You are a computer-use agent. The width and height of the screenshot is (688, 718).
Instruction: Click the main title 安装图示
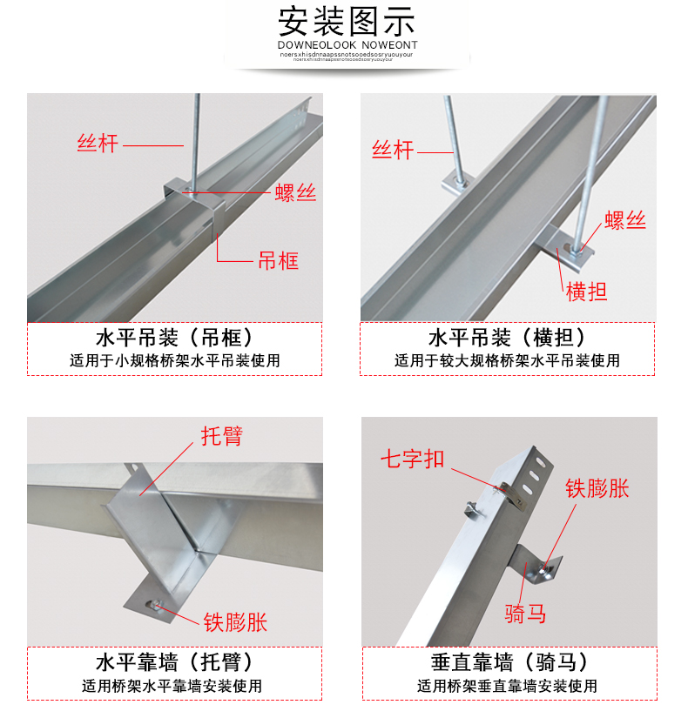(347, 20)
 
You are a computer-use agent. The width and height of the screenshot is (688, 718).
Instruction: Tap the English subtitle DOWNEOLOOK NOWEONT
(347, 44)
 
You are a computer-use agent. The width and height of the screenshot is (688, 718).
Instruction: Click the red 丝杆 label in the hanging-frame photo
(98, 144)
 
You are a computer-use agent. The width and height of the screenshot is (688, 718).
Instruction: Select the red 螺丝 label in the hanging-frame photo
(295, 193)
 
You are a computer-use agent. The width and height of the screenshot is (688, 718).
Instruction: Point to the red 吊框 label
(278, 260)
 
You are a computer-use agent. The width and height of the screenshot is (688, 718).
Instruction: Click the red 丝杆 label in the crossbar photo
(393, 150)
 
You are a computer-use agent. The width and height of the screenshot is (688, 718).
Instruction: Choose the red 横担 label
(586, 292)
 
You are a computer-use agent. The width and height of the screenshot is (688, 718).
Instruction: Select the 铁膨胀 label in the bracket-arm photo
(235, 621)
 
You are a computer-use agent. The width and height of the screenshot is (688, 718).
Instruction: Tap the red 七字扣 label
(412, 459)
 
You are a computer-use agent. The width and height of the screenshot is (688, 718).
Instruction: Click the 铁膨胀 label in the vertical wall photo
(597, 488)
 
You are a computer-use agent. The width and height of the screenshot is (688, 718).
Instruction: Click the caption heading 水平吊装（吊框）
(174, 339)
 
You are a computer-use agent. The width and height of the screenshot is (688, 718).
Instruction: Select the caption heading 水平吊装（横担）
(508, 339)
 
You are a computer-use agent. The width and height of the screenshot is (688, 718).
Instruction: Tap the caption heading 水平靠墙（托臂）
(174, 662)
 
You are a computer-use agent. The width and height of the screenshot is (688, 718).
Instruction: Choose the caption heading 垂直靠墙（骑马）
(508, 662)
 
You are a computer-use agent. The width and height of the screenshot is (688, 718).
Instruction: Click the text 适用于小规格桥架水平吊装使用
(174, 360)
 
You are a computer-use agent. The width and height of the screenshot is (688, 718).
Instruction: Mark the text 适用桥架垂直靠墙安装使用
(508, 686)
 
